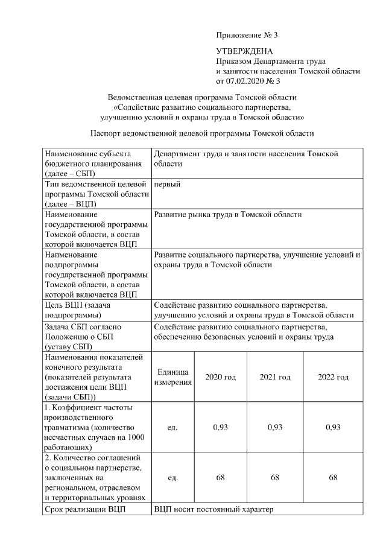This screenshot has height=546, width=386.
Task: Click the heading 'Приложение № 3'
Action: [247, 34]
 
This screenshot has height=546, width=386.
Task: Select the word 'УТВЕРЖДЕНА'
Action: [244, 52]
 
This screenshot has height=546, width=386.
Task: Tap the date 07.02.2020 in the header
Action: [245, 80]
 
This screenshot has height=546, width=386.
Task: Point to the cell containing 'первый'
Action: [168, 185]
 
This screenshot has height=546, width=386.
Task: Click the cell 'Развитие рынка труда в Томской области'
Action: [228, 215]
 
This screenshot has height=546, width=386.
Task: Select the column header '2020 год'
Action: [221, 377]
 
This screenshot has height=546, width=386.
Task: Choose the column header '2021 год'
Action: [275, 377]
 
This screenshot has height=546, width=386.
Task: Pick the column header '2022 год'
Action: [333, 377]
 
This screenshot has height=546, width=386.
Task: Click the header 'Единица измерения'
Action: [172, 377]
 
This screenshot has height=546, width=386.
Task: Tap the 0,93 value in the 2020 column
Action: [221, 427]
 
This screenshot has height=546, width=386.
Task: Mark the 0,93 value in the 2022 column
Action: [333, 427]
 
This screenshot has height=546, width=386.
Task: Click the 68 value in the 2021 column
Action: [275, 478]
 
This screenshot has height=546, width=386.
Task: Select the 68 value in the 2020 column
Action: [221, 478]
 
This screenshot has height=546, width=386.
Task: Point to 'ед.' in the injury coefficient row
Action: [172, 427]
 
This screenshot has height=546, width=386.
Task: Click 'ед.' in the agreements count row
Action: [172, 478]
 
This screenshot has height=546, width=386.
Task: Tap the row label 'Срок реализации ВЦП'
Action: [85, 510]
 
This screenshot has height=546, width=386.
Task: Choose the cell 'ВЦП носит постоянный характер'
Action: [214, 510]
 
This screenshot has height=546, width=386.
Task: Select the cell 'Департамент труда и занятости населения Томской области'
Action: [245, 159]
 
